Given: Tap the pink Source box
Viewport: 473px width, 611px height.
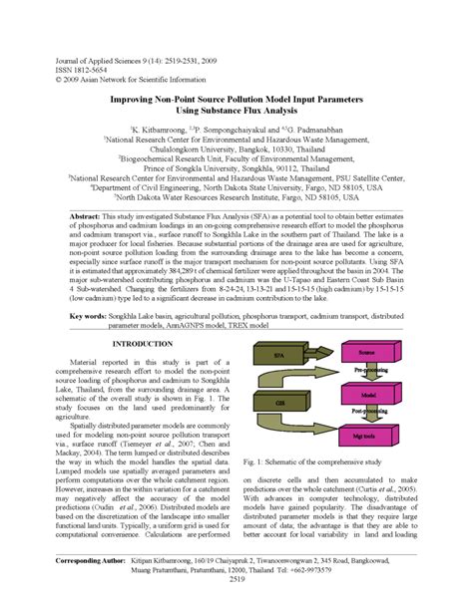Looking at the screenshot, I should (x=366, y=353).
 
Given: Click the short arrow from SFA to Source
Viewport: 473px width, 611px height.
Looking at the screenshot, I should (x=317, y=354).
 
